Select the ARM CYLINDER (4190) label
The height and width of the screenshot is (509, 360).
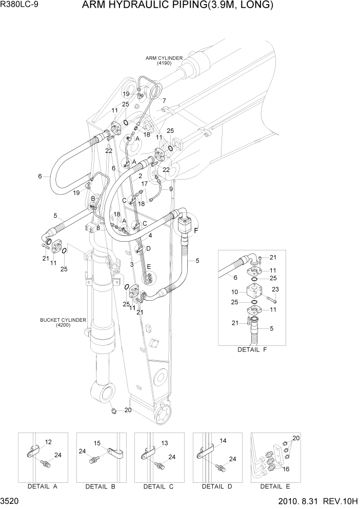coord(164,61)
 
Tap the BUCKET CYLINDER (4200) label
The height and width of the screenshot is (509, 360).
coord(63,322)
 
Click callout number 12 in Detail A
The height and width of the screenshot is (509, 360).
coord(48,442)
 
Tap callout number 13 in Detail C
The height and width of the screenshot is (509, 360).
coord(165,443)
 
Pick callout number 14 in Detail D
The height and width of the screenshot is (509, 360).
coord(223,441)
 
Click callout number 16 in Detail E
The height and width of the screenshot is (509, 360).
coord(286,468)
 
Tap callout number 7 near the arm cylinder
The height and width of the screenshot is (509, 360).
coord(164,101)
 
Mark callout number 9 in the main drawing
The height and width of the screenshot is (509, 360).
coord(171,189)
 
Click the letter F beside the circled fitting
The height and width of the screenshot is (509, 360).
coord(195,231)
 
